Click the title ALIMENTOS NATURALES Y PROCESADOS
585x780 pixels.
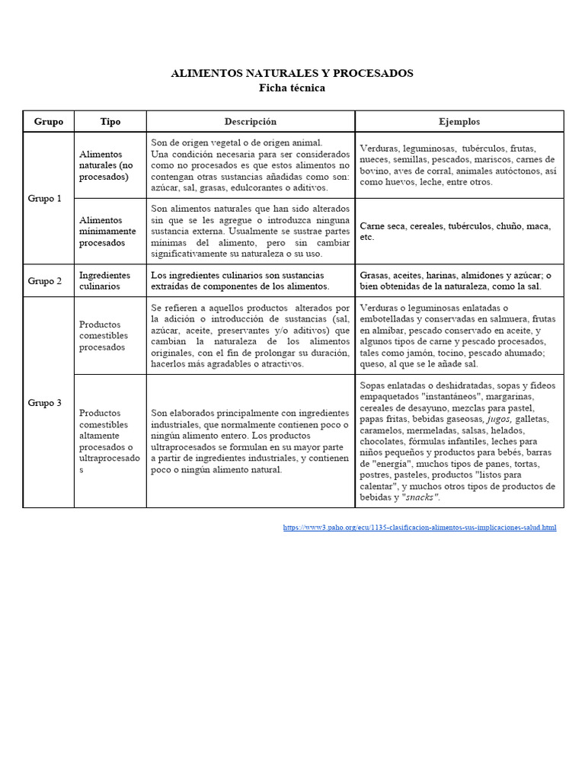[x=292, y=73]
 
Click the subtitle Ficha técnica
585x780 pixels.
[x=292, y=88]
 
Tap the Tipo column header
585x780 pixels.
[x=110, y=122]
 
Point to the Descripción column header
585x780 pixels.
[x=250, y=122]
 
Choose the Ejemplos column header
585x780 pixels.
[x=459, y=122]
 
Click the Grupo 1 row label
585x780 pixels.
[x=45, y=198]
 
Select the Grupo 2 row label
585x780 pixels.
[x=45, y=281]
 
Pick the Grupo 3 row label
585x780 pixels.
[x=45, y=403]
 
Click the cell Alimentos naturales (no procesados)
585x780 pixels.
[x=107, y=165]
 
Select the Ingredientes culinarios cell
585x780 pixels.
[x=104, y=280]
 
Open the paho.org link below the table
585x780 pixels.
[x=419, y=527]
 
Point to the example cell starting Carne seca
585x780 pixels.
[x=454, y=232]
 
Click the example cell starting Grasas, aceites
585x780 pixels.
[x=455, y=280]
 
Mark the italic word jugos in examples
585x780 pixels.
[x=498, y=419]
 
